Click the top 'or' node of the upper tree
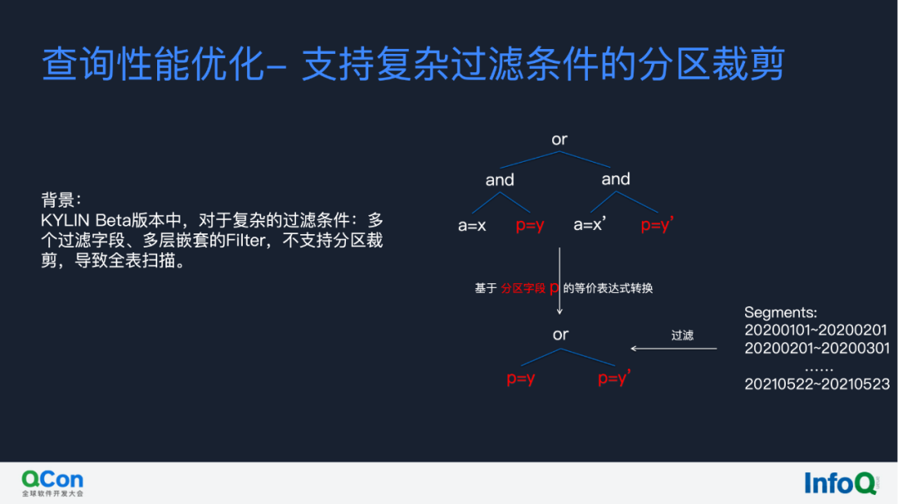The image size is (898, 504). pos(560,139)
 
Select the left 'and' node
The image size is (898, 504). pos(500,180)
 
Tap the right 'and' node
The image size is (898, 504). pos(615,179)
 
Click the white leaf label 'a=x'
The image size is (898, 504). pos(471,225)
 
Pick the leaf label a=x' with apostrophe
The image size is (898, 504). pos(590,225)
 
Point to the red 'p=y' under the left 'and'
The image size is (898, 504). pos(530,225)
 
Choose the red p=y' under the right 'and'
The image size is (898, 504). pos(657,225)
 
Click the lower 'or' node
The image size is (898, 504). pos(560,335)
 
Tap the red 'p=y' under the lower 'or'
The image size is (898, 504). pos(521,379)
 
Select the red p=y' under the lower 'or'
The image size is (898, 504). pos(614,379)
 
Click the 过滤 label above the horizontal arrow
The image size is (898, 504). pos(682,335)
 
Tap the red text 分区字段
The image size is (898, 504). pos(523,289)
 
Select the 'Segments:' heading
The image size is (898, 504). pos(781,312)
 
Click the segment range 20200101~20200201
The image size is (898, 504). pos(816,330)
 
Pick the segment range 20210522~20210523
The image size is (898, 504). pos(817,384)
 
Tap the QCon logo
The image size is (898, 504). pos(52,482)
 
